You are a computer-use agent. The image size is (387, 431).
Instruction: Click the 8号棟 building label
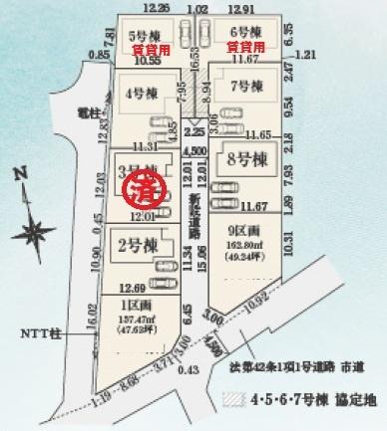pos(241,160)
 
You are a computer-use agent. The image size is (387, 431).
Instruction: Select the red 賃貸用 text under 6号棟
pos(245,46)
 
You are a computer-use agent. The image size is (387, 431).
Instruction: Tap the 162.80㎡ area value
pos(242,241)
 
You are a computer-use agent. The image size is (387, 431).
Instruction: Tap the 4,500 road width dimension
pos(197,151)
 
